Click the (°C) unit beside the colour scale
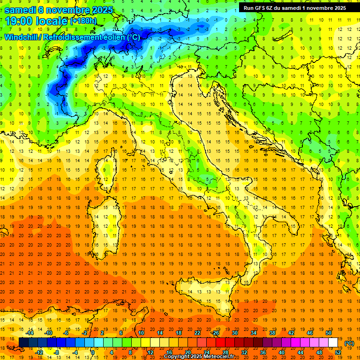click(x=349, y=343)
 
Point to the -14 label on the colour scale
click(x=30, y=333)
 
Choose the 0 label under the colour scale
click(x=93, y=352)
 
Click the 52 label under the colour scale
click(x=338, y=352)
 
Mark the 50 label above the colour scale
click(x=329, y=333)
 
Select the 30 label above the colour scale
click(x=235, y=333)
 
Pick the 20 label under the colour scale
click(x=187, y=352)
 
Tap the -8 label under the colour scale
click(x=57, y=352)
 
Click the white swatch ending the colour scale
click(x=333, y=343)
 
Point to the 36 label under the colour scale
click(x=262, y=352)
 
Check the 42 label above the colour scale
click(x=291, y=333)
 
